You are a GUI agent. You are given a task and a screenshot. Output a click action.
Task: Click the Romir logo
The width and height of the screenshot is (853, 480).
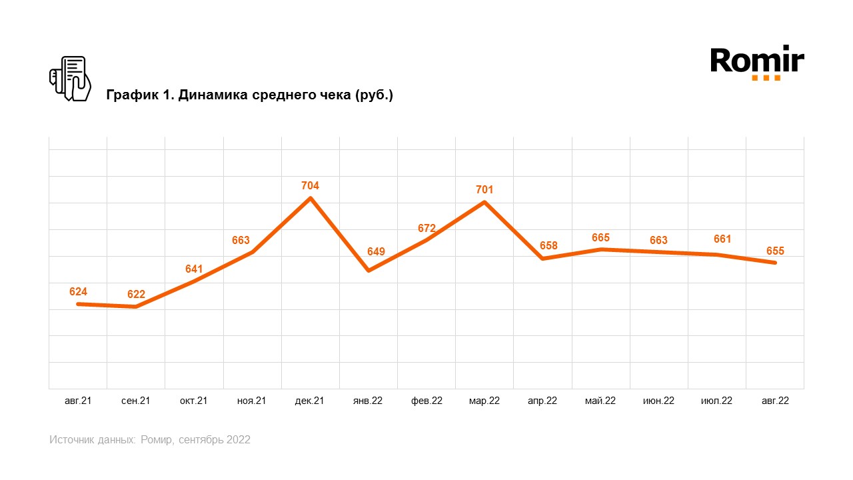tap(757, 63)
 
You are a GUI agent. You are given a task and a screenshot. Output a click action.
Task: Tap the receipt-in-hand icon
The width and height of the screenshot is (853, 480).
tap(70, 79)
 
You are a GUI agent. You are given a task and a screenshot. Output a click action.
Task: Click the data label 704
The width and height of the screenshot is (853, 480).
tap(310, 186)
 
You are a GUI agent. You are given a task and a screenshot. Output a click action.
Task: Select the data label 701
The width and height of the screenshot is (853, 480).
tap(484, 190)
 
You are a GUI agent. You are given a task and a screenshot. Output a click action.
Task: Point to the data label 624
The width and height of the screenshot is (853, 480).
tap(78, 292)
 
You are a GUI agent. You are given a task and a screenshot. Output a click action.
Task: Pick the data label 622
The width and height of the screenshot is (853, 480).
tap(136, 295)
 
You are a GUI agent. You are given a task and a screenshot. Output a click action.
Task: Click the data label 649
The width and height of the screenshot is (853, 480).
tap(376, 252)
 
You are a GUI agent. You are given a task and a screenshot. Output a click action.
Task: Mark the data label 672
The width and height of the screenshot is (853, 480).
tap(426, 229)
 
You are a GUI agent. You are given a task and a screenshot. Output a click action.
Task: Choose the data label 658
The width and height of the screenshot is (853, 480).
tap(548, 245)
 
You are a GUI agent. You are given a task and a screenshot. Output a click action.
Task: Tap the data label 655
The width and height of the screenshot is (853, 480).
tap(775, 251)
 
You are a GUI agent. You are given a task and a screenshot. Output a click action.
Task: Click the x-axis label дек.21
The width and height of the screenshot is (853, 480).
tap(310, 401)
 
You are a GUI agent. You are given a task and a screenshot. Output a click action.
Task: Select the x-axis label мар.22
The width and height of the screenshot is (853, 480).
tap(484, 401)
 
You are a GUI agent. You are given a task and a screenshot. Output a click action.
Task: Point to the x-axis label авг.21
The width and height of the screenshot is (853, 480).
tap(78, 401)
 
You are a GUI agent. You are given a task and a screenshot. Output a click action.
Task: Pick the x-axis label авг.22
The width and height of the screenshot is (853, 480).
tap(775, 401)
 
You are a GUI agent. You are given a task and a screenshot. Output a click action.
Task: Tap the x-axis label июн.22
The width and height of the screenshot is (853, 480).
tap(658, 401)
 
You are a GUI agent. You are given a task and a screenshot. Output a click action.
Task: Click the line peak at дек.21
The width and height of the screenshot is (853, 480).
tap(311, 198)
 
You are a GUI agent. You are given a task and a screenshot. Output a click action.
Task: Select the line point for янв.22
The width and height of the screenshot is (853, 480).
tap(369, 270)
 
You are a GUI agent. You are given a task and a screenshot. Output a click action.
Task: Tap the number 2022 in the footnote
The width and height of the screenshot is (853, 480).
tap(238, 440)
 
